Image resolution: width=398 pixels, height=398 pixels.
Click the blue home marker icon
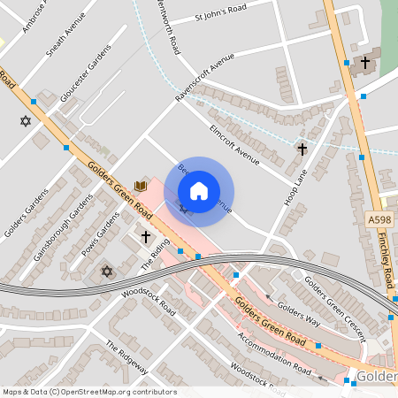199,191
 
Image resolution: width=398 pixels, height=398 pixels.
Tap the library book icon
140,186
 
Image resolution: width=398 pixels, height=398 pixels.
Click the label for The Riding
154,256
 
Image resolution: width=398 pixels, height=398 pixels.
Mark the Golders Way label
297,318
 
